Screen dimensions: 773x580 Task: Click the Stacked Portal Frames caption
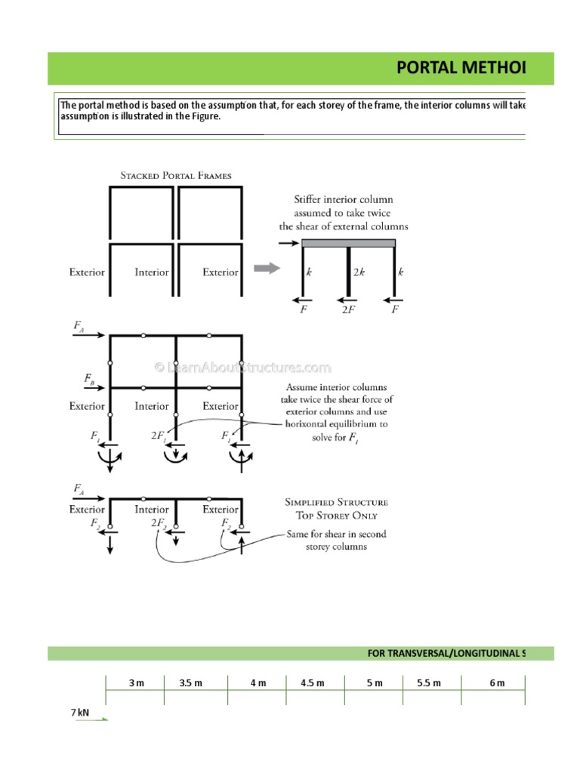pyautogui.click(x=176, y=175)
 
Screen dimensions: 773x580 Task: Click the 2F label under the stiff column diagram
pyautogui.click(x=347, y=310)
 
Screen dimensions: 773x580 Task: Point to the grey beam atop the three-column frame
pyautogui.click(x=348, y=243)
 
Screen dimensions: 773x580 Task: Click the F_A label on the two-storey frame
pyautogui.click(x=79, y=326)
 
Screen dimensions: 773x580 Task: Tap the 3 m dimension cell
pyautogui.click(x=136, y=683)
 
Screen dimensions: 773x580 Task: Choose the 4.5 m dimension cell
pyautogui.click(x=312, y=683)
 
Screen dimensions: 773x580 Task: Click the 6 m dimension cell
pyautogui.click(x=496, y=683)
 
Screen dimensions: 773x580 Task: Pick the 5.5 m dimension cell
pyautogui.click(x=428, y=683)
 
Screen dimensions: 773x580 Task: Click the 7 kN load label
pyautogui.click(x=80, y=712)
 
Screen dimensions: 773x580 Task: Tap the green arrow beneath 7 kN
pyautogui.click(x=91, y=719)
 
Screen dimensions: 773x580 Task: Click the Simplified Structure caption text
pyautogui.click(x=336, y=501)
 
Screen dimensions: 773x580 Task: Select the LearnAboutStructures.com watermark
pyautogui.click(x=242, y=368)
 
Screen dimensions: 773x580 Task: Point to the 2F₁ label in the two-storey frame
pyautogui.click(x=159, y=436)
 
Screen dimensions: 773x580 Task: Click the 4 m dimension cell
pyautogui.click(x=258, y=683)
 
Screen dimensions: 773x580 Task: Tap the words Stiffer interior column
pyautogui.click(x=343, y=200)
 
